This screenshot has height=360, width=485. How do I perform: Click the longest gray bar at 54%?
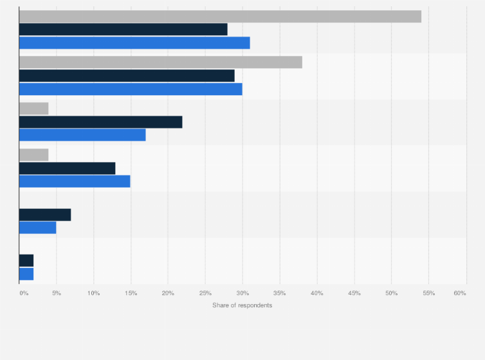point(220,16)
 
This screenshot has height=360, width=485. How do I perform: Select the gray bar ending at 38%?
point(161,62)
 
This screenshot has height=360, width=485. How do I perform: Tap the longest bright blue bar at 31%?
point(134,43)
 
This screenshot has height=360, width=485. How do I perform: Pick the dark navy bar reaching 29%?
point(127,76)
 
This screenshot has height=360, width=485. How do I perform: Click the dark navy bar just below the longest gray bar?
point(124,30)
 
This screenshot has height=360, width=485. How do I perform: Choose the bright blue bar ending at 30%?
point(131,89)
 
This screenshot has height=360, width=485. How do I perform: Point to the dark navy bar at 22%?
point(101,122)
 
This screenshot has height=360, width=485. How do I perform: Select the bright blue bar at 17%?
point(82,135)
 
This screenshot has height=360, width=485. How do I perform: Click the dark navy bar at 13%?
point(68,168)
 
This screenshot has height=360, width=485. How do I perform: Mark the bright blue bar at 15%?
point(75,181)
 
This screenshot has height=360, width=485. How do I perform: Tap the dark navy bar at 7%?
point(45,215)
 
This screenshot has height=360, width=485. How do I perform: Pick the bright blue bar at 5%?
point(38,228)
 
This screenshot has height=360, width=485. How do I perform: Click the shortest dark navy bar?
point(26,260)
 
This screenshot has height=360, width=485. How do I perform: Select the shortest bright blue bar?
point(26,274)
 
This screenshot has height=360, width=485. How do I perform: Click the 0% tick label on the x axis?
point(24,293)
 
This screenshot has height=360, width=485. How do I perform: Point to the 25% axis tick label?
point(205,293)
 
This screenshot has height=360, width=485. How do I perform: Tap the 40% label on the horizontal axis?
point(316,293)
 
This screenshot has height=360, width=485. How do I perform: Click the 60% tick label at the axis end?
point(459,293)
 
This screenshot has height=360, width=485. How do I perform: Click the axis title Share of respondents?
point(243,305)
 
